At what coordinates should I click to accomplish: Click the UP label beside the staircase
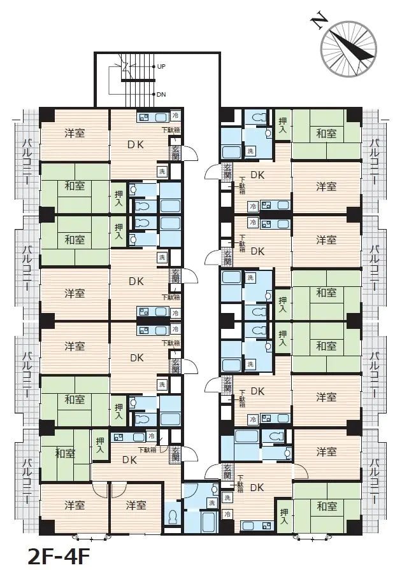tap(161, 66)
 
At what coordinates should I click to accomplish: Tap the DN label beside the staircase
tap(161, 94)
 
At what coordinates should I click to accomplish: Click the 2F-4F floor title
tap(55, 555)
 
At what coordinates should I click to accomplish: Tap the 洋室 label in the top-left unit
tap(75, 134)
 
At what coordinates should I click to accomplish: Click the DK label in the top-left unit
tap(136, 144)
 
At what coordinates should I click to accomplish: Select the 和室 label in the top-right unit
tap(326, 134)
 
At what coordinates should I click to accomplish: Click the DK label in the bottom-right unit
tap(257, 487)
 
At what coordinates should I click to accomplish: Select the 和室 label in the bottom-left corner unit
tap(65, 454)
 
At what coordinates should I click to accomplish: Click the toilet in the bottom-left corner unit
tap(171, 517)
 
